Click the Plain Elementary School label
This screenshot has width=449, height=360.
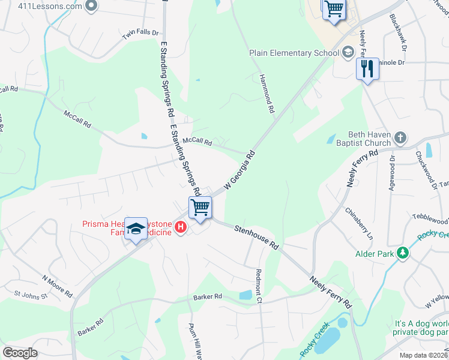[294, 53]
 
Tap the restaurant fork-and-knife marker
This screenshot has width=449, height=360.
[367, 69]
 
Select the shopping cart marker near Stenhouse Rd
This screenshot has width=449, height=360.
[200, 208]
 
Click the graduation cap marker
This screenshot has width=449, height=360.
[136, 229]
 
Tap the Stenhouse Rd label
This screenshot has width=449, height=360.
[257, 237]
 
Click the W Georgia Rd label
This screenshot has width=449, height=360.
[240, 171]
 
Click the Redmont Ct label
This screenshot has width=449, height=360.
[259, 284]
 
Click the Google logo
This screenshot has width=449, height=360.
[20, 353]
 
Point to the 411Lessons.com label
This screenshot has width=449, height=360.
[41, 7]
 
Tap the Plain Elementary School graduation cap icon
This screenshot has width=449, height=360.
[348, 53]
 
